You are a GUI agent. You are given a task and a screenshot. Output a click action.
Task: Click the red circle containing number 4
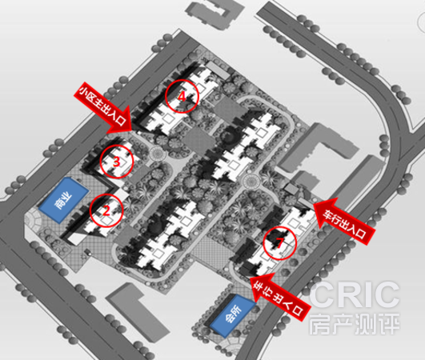(x=166, y=95)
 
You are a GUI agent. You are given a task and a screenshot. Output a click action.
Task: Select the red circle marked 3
(x=101, y=161)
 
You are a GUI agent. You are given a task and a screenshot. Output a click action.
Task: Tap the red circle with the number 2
(x=90, y=210)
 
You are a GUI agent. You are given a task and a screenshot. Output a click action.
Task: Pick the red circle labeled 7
(x=264, y=243)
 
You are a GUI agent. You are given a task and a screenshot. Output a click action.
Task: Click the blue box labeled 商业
(x=64, y=200)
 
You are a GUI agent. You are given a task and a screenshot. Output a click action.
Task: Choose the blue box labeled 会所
(x=233, y=315)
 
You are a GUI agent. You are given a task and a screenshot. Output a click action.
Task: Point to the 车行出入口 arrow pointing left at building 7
(x=344, y=221)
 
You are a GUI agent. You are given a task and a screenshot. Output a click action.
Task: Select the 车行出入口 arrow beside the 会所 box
(x=279, y=297)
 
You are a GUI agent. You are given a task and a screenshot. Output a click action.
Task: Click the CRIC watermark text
(x=355, y=294)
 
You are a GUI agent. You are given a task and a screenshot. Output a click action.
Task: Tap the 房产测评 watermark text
(x=355, y=323)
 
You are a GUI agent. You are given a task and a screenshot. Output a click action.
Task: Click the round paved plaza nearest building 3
(x=157, y=154)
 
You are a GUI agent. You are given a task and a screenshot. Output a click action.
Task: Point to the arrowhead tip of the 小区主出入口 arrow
(x=132, y=130)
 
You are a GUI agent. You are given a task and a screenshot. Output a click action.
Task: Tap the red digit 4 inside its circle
(x=182, y=97)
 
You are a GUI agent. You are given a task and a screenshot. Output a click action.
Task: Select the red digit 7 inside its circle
(x=279, y=243)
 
